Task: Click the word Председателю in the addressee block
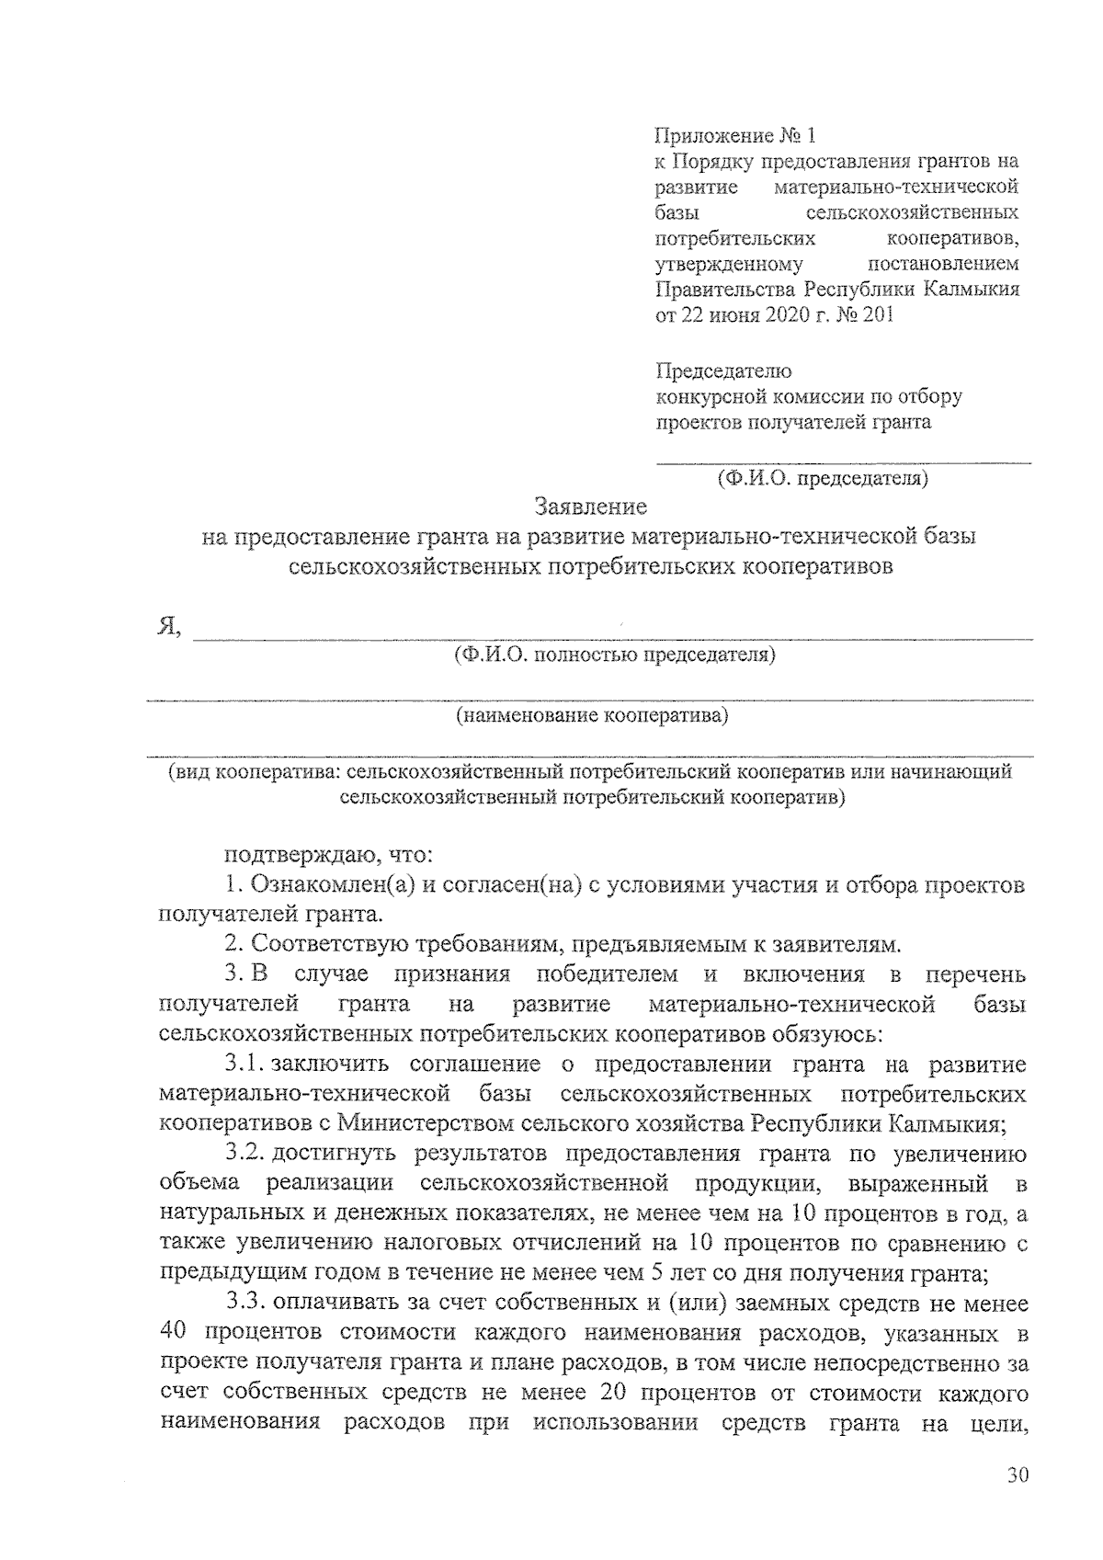click(723, 371)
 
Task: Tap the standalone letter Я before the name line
click(167, 628)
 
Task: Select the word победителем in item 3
click(608, 974)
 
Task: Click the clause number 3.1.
click(244, 1065)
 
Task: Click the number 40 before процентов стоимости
click(173, 1333)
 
